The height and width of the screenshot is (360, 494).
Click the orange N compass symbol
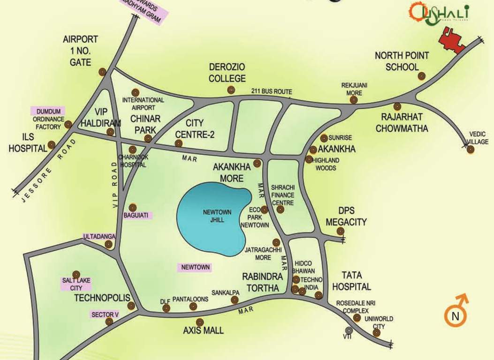tap(455, 315)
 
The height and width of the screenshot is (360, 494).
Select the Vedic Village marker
tap(471, 150)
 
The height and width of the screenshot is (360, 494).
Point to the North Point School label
tap(402, 61)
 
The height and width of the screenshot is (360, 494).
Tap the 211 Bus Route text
tap(271, 91)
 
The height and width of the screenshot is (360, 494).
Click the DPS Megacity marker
tap(341, 231)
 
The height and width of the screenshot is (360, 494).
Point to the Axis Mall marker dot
tap(200, 322)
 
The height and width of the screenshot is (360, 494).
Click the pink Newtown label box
tap(194, 268)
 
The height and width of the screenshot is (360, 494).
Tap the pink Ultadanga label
tap(99, 237)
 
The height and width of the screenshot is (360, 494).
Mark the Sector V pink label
tap(105, 314)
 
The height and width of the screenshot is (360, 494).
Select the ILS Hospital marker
tap(51, 144)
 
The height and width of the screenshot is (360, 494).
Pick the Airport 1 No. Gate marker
tap(102, 72)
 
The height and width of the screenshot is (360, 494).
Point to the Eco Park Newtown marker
tap(265, 210)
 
